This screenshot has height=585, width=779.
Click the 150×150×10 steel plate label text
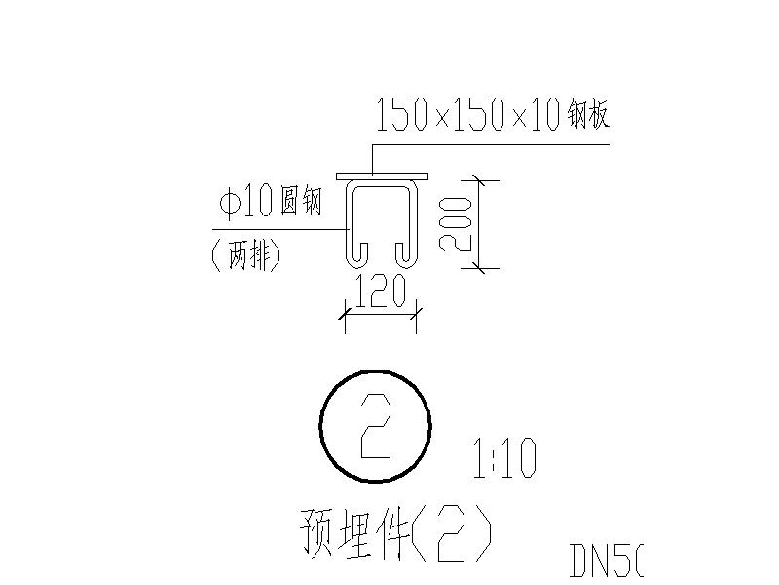pyautogui.click(x=492, y=117)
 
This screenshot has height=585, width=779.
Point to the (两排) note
pyautogui.click(x=245, y=255)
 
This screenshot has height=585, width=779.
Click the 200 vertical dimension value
pyautogui.click(x=456, y=223)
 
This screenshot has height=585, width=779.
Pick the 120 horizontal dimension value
pyautogui.click(x=380, y=292)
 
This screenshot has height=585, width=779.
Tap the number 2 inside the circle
pyautogui.click(x=375, y=427)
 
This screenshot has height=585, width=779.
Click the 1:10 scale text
pyautogui.click(x=503, y=458)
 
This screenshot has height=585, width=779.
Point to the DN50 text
pyautogui.click(x=606, y=560)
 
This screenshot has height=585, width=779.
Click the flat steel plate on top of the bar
pyautogui.click(x=382, y=176)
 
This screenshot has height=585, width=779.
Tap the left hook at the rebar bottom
pyautogui.click(x=356, y=255)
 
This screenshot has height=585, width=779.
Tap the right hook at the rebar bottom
pyautogui.click(x=404, y=255)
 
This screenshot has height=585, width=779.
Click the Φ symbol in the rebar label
pyautogui.click(x=230, y=203)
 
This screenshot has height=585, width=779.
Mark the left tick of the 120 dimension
pyautogui.click(x=344, y=314)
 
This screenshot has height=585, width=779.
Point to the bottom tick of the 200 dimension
pyautogui.click(x=484, y=267)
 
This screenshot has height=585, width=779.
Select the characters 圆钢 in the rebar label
pyautogui.click(x=301, y=203)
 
